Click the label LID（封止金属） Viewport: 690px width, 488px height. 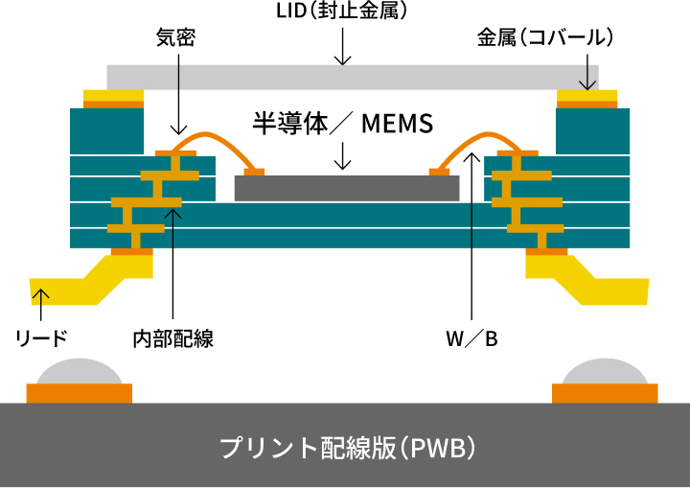tap(342, 12)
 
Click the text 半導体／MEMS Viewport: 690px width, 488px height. tap(343, 124)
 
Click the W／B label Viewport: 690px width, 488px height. tap(471, 337)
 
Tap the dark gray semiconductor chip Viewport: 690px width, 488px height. tap(346, 188)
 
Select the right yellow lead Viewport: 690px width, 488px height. tap(604, 286)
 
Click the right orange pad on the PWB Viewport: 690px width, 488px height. tap(606, 393)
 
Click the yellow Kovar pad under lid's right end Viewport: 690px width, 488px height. tap(587, 95)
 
